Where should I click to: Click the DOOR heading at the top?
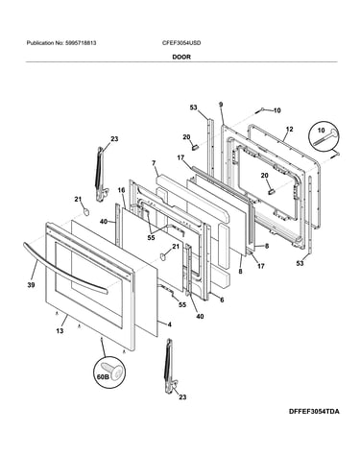(x=181, y=57)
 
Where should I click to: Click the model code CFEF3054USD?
(x=181, y=43)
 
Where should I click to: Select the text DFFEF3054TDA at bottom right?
(x=314, y=412)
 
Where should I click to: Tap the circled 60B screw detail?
(x=109, y=372)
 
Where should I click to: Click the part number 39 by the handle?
(x=31, y=285)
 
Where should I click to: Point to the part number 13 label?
(x=60, y=331)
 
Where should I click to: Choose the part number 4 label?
(x=170, y=324)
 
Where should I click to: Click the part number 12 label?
(x=289, y=130)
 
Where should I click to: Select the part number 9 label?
(x=221, y=105)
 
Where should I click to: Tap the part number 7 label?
(x=154, y=163)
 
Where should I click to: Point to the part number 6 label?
(x=222, y=300)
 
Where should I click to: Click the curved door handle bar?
(x=65, y=270)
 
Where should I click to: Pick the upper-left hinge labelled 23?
(x=102, y=174)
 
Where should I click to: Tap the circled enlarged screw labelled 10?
(x=324, y=137)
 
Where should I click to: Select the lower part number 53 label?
(x=300, y=263)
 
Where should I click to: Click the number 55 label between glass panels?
(x=151, y=238)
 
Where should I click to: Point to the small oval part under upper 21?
(x=85, y=211)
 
